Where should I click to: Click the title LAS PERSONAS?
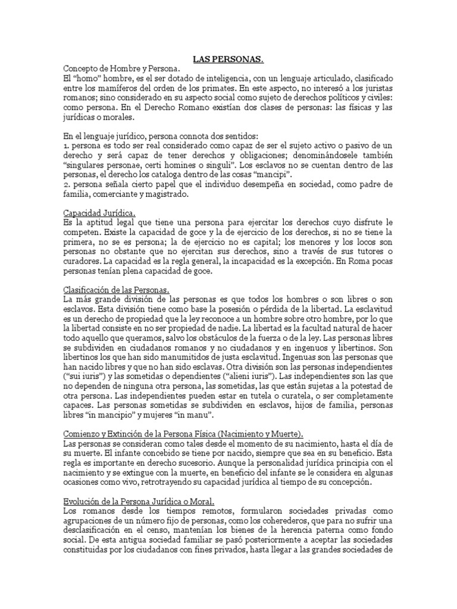pos(228,60)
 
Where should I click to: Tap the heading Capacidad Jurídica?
pos(99,212)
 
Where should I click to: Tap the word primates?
pos(205,89)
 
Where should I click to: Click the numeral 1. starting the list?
pos(65,146)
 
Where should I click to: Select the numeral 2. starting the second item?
pos(66,184)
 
